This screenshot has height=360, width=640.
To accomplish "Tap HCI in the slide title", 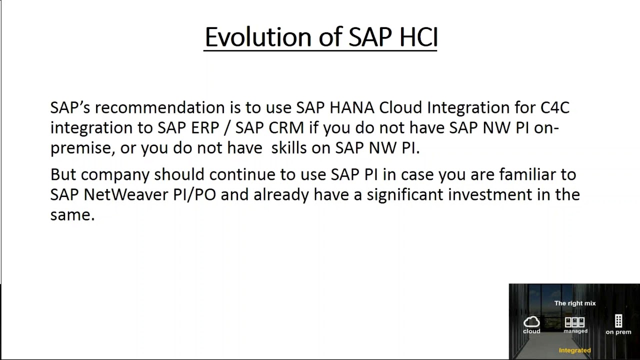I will click(x=418, y=37).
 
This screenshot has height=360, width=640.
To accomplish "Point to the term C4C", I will click(x=555, y=108).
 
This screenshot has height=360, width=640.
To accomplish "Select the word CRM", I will click(x=286, y=128).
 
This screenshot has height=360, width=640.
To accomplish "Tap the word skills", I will click(x=289, y=148).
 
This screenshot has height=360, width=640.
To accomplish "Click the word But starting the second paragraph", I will click(x=63, y=174).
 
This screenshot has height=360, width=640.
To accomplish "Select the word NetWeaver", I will click(x=126, y=194).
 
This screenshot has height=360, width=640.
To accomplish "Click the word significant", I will click(x=405, y=194).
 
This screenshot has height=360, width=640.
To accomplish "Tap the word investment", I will click(x=490, y=194).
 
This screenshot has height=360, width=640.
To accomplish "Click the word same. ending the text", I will click(x=72, y=215).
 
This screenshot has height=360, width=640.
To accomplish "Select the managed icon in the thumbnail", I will click(x=575, y=322).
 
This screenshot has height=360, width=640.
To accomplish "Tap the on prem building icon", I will click(x=618, y=321).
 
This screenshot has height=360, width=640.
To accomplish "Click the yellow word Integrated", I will click(x=574, y=350).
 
